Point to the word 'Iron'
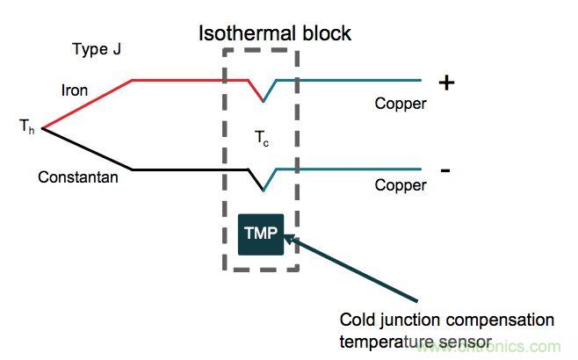point(75,90)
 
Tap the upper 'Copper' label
point(401,104)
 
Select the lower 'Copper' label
point(401,186)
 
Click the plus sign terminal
point(447,83)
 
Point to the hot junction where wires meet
point(43,130)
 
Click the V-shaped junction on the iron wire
point(263,99)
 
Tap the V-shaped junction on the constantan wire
point(263,187)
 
